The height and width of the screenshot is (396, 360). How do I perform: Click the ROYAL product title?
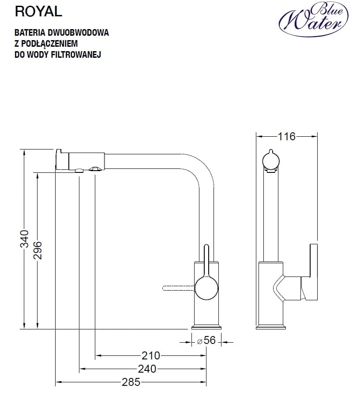pyautogui.click(x=38, y=12)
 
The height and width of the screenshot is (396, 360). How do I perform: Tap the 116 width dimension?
pyautogui.click(x=287, y=136)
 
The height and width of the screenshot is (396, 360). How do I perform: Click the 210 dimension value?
pyautogui.click(x=150, y=355)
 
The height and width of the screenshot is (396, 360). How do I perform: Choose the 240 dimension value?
pyautogui.click(x=147, y=369)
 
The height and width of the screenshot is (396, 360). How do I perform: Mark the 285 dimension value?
pyautogui.click(x=131, y=382)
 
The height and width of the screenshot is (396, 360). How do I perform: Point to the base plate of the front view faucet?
pyautogui.click(x=206, y=328)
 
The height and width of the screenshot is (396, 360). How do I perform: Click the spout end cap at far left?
pyautogui.click(x=62, y=160)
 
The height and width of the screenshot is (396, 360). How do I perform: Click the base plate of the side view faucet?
pyautogui.click(x=270, y=328)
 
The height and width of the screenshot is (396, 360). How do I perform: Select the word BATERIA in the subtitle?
pyautogui.click(x=29, y=33)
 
